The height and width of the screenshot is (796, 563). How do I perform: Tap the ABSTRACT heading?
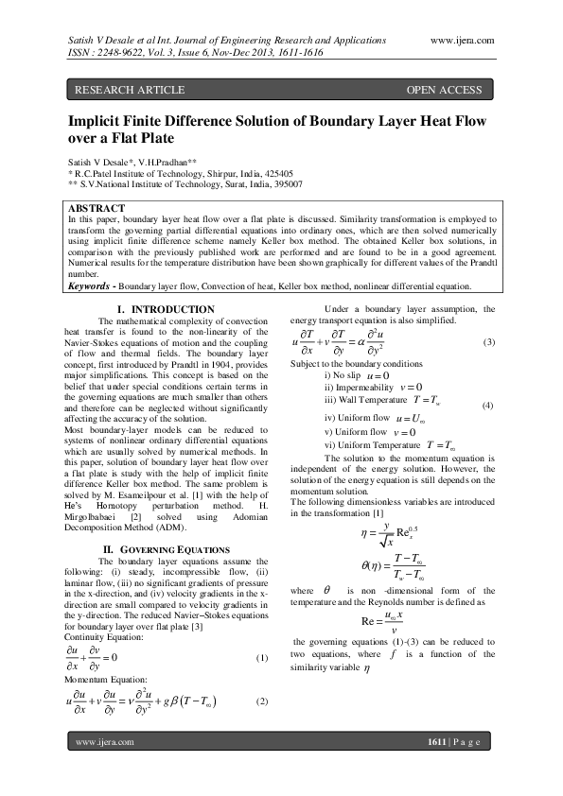97,208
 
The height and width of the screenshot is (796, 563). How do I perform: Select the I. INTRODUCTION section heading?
164,310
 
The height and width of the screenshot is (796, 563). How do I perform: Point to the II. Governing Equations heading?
166,549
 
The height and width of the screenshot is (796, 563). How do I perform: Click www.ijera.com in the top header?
463,40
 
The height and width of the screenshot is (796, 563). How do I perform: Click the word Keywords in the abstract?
92,286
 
